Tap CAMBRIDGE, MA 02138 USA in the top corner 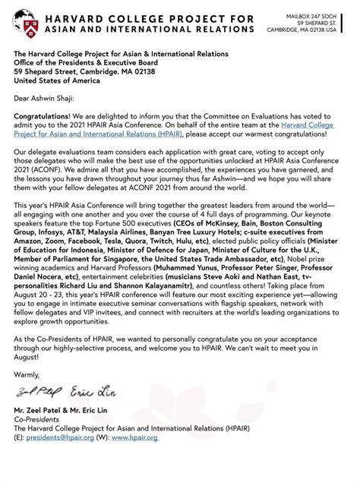[x=311, y=30]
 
